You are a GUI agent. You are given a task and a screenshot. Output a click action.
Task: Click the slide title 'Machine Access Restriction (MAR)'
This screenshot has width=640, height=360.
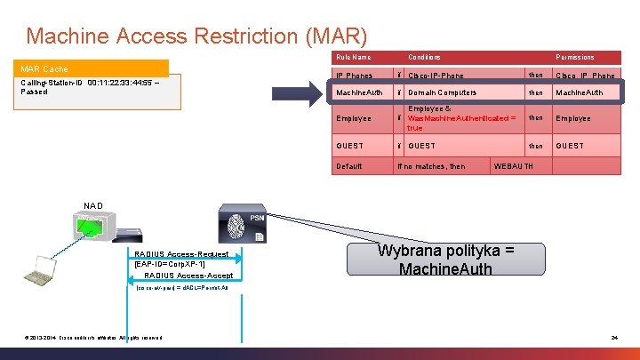[196, 36]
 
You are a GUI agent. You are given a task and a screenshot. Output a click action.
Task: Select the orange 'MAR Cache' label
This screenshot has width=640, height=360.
[44, 68]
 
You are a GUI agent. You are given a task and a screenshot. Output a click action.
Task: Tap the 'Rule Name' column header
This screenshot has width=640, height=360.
[353, 57]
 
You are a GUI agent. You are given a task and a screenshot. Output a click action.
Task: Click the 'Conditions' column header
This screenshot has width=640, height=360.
[424, 57]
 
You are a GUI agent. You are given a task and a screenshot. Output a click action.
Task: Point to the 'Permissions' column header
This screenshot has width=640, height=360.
[575, 57]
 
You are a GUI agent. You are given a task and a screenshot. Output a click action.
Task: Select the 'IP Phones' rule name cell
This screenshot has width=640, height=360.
[354, 76]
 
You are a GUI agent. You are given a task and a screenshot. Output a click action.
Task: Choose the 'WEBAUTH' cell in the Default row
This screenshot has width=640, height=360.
[514, 166]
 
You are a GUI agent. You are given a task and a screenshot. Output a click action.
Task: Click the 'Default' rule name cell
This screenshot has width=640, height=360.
[349, 166]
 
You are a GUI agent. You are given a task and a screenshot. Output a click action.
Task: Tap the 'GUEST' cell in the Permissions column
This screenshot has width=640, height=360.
[570, 146]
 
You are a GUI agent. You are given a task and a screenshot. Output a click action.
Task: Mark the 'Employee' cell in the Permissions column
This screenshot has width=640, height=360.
[573, 118]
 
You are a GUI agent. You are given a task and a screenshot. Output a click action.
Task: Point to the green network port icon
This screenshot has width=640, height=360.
[90, 230]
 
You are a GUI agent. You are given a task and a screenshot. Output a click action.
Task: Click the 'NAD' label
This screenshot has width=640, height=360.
[93, 206]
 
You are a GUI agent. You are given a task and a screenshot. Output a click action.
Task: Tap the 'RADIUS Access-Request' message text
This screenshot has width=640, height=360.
[181, 254]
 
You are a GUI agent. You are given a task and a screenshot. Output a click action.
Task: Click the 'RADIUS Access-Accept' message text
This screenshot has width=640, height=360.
[188, 276]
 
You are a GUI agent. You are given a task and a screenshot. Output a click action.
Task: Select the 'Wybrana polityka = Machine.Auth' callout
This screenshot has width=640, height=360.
[445, 260]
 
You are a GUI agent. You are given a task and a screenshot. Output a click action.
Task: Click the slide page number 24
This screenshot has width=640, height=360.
[614, 337]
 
